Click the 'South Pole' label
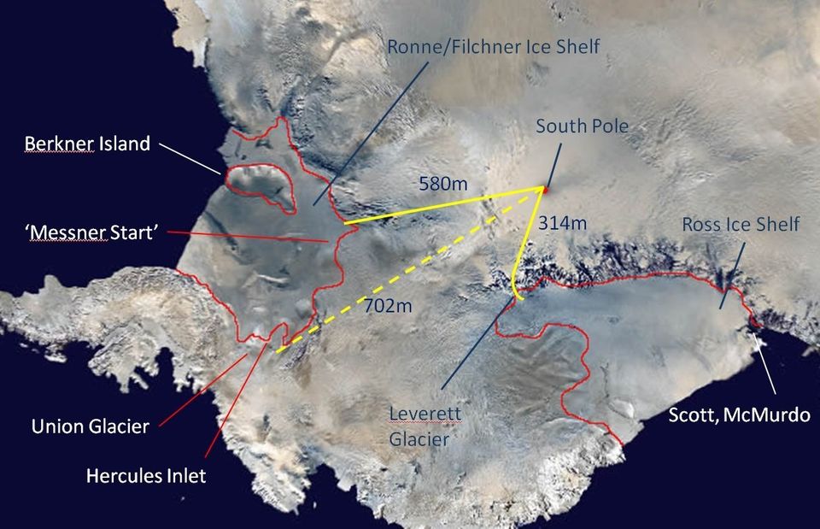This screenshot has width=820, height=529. tap(582, 126)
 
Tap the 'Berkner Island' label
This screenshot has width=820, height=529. tap(87, 144)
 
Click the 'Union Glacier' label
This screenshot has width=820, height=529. tap(91, 426)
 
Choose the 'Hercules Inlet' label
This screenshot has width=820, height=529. tap(146, 475)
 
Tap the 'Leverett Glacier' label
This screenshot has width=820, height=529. tap(425, 426)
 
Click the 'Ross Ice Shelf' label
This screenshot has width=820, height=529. tap(741, 224)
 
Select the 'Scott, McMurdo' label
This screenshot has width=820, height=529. tap(740, 416)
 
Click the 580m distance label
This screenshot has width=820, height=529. tap(443, 183)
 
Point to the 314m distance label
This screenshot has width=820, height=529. tap(563, 224)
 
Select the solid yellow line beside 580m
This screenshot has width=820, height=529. tap(444, 206)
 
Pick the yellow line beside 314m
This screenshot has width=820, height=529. tap(524, 248)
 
